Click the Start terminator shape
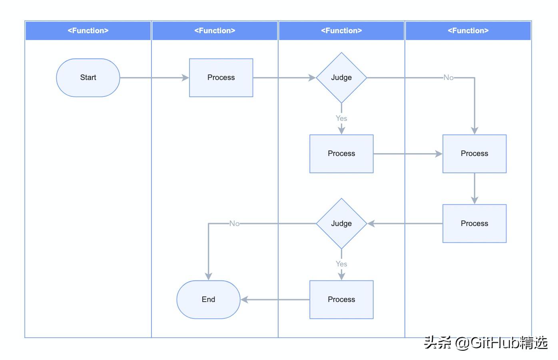88,78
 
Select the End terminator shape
208,300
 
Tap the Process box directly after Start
221,78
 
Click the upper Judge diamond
341,78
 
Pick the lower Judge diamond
341,224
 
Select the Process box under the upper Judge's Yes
341,154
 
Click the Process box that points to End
341,300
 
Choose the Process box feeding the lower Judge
474,224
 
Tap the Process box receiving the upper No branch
474,154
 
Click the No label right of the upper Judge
448,78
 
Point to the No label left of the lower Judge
234,224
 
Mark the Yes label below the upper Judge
341,118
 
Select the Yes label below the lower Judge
341,264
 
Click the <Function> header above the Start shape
88,31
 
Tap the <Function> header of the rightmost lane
468,31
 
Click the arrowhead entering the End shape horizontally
244,300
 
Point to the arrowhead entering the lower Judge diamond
371,224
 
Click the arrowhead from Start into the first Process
185,78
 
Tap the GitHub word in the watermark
495,343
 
